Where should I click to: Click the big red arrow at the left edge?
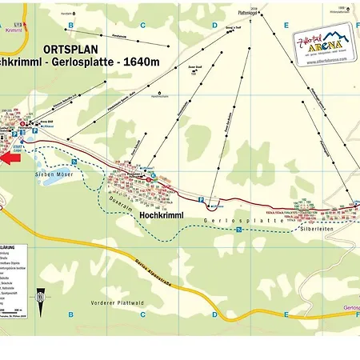[10, 158]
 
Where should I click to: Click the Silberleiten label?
[311, 228]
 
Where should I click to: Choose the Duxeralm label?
[121, 203]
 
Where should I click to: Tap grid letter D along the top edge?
[214, 26]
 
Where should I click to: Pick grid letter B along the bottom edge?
[70, 314]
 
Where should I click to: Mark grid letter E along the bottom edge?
[286, 314]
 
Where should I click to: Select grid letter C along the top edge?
[142, 26]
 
